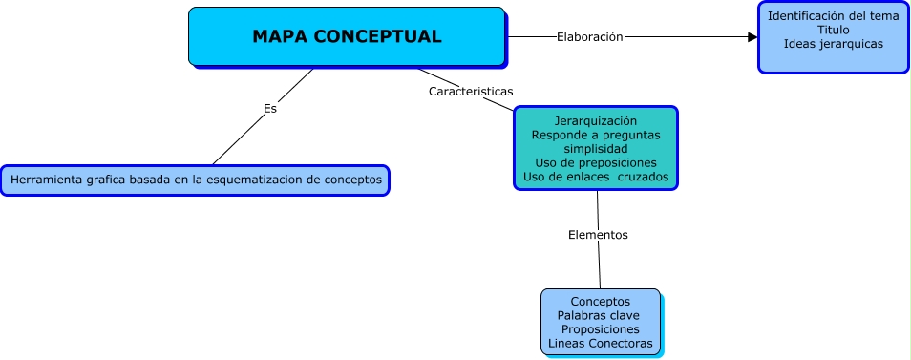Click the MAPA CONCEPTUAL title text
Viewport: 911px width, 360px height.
[347, 37]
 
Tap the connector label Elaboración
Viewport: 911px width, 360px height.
[589, 37]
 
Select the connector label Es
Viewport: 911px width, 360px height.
[270, 109]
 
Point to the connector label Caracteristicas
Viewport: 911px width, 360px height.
[471, 92]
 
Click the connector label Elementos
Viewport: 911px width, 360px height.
[598, 234]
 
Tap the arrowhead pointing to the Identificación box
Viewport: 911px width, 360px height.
[752, 37]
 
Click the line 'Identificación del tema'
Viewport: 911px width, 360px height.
[833, 16]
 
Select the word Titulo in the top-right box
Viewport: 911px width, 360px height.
[833, 30]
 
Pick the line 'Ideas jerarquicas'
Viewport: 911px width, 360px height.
[833, 44]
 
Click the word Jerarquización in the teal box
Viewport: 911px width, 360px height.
[596, 121]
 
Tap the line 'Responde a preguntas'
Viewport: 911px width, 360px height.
[596, 136]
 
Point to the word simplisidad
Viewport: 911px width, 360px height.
[596, 149]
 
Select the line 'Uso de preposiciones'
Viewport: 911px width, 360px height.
[596, 163]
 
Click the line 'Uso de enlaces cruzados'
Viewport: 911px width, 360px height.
[596, 177]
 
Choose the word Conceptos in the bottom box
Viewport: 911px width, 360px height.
[601, 302]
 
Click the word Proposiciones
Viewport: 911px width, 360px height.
[601, 329]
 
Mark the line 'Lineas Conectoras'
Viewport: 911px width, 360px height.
[601, 343]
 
